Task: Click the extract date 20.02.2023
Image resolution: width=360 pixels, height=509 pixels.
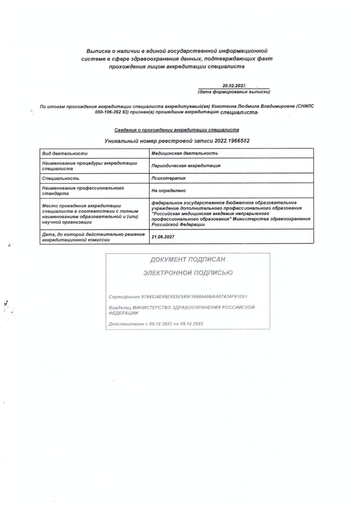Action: pos(234,86)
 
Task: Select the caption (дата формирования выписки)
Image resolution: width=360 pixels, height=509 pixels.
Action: pos(234,92)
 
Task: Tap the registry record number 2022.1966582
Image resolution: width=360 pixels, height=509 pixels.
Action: pos(232,141)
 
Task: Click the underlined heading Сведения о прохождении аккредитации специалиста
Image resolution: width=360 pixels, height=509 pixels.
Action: pos(177,130)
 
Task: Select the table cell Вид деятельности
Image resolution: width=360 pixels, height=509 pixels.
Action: pos(65,154)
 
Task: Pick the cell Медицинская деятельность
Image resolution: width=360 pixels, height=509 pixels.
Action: pos(184,153)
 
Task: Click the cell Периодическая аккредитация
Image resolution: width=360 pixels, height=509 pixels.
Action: pos(186,166)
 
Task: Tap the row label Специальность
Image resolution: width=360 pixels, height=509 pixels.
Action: pos(61,178)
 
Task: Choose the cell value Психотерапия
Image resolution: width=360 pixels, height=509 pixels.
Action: pos(168,178)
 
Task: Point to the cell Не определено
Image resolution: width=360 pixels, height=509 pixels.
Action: pos(168,191)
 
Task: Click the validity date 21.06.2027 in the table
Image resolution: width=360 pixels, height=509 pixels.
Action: pos(163,237)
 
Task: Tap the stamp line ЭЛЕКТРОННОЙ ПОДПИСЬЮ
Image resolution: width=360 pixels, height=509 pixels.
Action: pos(188,273)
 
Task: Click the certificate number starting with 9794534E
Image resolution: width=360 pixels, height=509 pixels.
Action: pos(194,297)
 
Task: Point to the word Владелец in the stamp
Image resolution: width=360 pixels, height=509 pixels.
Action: pos(120,308)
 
